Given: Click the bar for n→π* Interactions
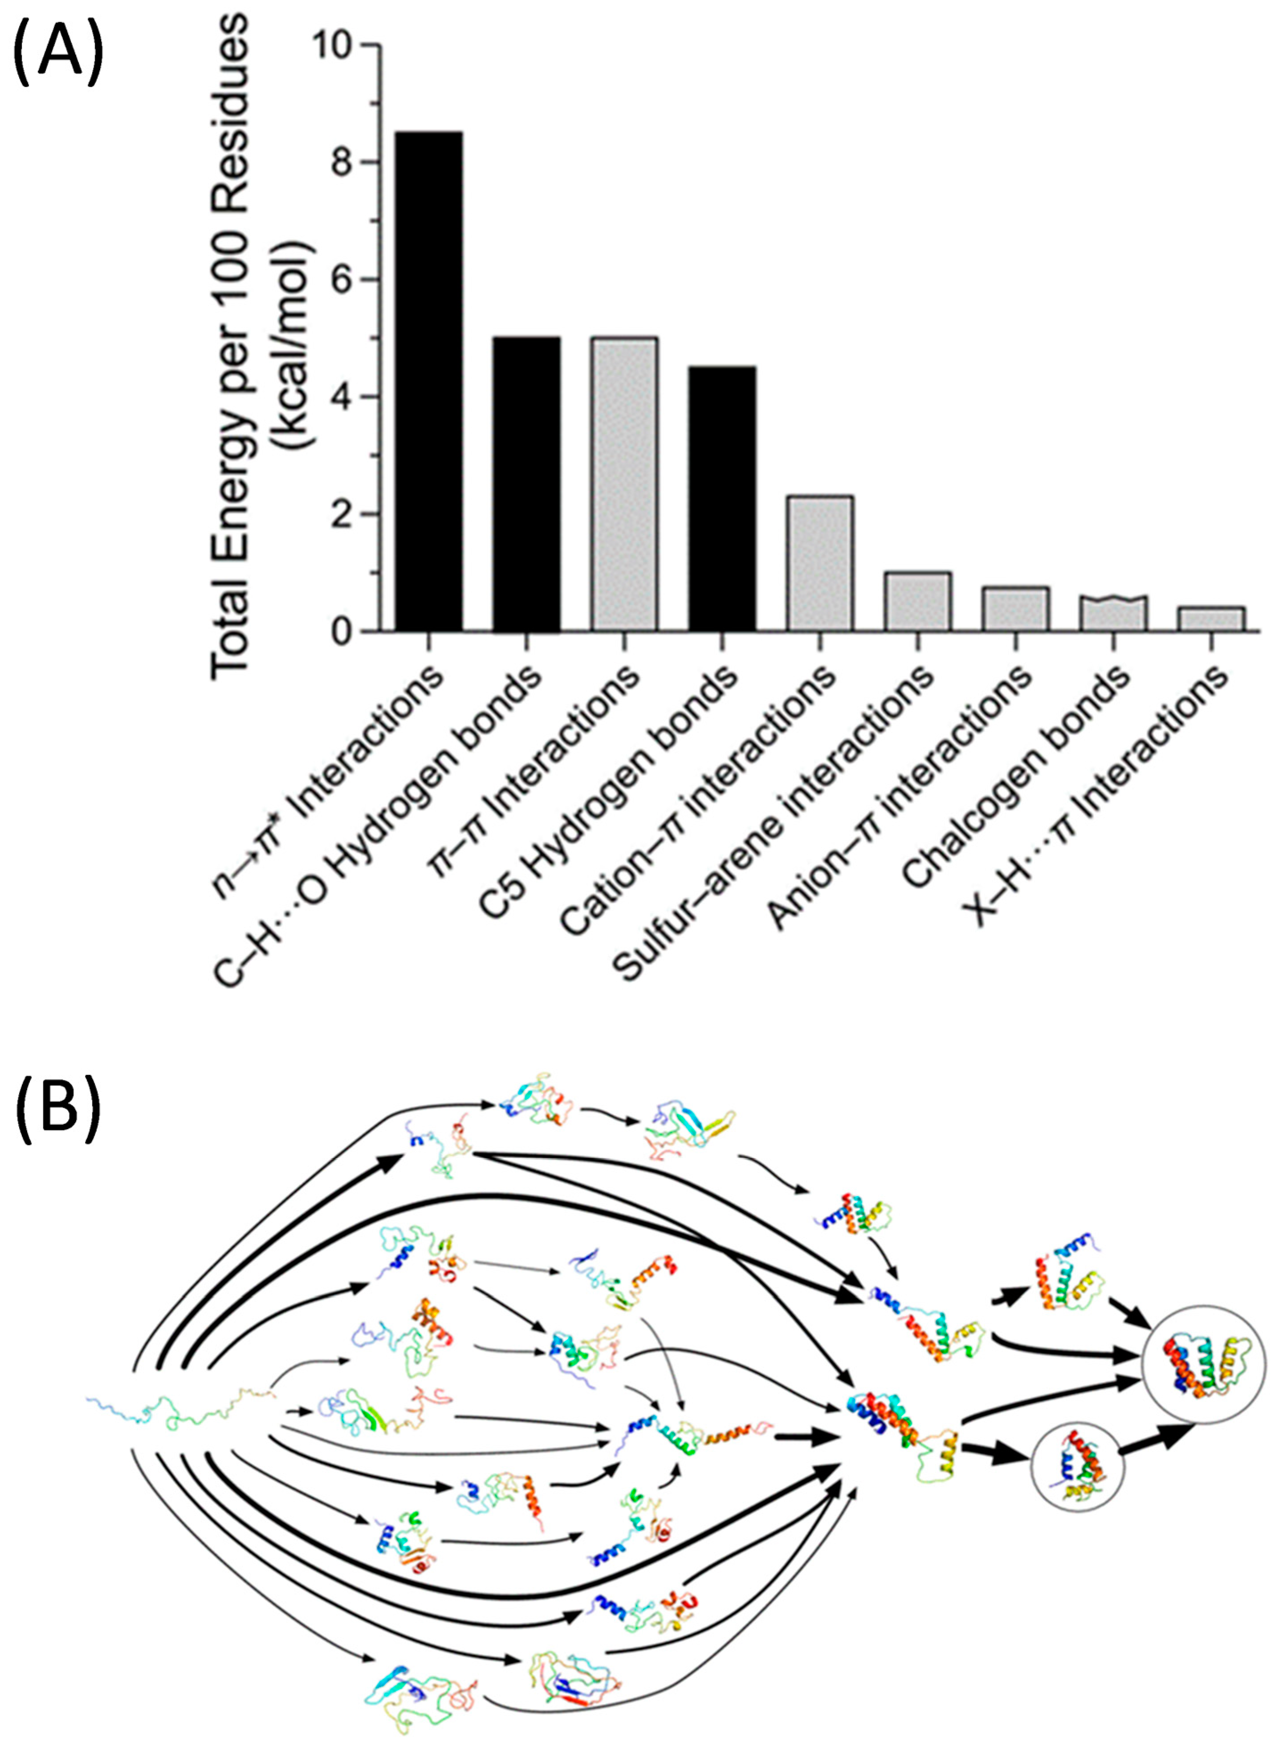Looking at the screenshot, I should pos(429,380).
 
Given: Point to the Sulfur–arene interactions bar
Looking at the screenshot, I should pos(918,601).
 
